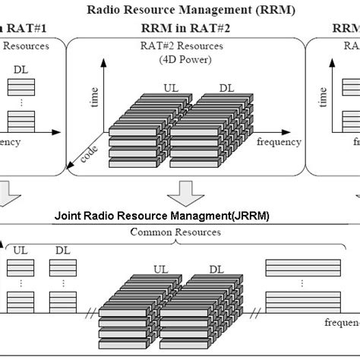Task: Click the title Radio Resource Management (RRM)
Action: coord(180,10)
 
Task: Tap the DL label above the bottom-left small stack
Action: coord(61,248)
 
